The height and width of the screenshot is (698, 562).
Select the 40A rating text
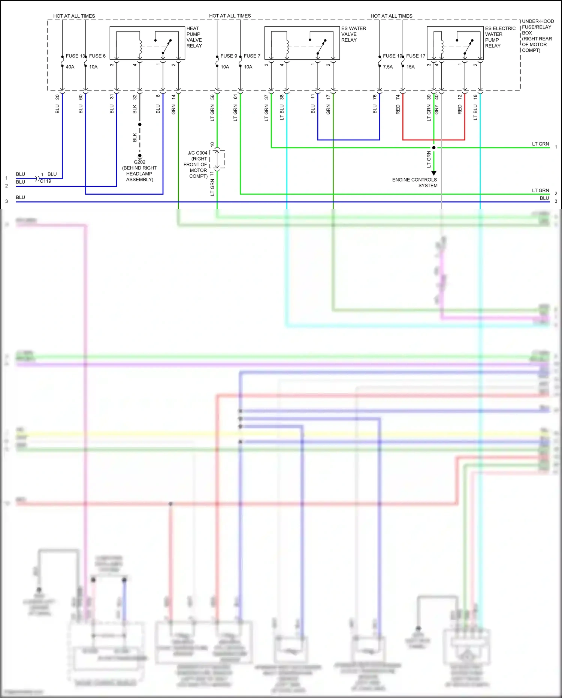[x=70, y=67]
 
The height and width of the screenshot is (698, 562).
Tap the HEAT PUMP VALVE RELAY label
[x=194, y=37]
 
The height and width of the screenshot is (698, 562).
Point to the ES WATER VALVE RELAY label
[x=353, y=34]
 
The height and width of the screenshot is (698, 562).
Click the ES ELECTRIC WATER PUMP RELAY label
[x=500, y=37]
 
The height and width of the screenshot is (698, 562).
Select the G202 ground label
[x=139, y=162]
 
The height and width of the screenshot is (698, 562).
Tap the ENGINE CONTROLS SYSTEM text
[x=415, y=182]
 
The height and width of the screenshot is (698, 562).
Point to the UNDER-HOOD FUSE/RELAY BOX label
[x=537, y=36]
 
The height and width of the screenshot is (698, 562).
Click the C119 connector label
[x=46, y=181]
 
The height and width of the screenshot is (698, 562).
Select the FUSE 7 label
[x=252, y=56]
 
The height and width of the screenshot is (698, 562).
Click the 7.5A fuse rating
[x=388, y=67]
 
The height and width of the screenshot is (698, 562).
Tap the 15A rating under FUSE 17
[x=411, y=67]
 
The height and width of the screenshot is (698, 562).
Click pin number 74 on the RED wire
[x=398, y=97]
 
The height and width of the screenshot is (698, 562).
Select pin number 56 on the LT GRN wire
[x=212, y=97]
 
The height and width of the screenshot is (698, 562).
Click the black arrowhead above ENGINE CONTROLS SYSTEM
[x=434, y=173]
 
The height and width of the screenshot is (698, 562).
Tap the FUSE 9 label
[x=229, y=56]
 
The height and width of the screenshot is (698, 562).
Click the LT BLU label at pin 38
[x=282, y=112]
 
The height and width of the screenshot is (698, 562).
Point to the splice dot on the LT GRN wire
[x=434, y=147]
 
